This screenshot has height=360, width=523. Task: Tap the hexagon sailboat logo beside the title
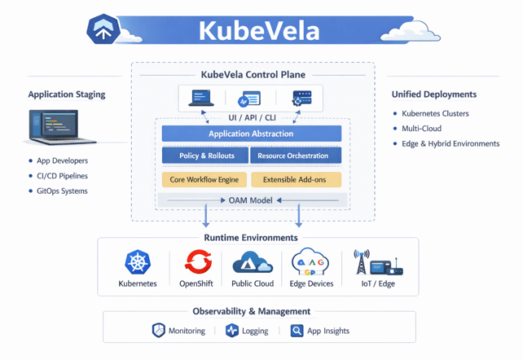click(x=103, y=30)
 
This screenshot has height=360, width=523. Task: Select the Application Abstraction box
click(x=251, y=134)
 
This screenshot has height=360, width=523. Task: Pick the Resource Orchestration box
click(x=293, y=156)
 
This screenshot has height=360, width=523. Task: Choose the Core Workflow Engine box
click(x=204, y=179)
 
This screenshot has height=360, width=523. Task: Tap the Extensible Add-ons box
click(x=296, y=179)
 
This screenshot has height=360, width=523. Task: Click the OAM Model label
click(x=251, y=200)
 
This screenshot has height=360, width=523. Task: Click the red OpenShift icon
click(x=197, y=262)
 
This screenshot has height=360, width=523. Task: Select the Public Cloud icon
click(x=253, y=262)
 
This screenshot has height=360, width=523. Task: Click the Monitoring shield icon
click(x=159, y=331)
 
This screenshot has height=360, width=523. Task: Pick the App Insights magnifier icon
click(x=297, y=331)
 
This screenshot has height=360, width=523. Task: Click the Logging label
click(x=255, y=331)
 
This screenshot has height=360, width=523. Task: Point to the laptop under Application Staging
click(x=52, y=128)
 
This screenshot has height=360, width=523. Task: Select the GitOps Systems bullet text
click(x=63, y=191)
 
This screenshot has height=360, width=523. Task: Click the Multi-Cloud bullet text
click(x=422, y=129)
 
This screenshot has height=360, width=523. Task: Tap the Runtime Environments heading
click(x=251, y=238)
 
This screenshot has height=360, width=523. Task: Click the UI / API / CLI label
click(x=252, y=118)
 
